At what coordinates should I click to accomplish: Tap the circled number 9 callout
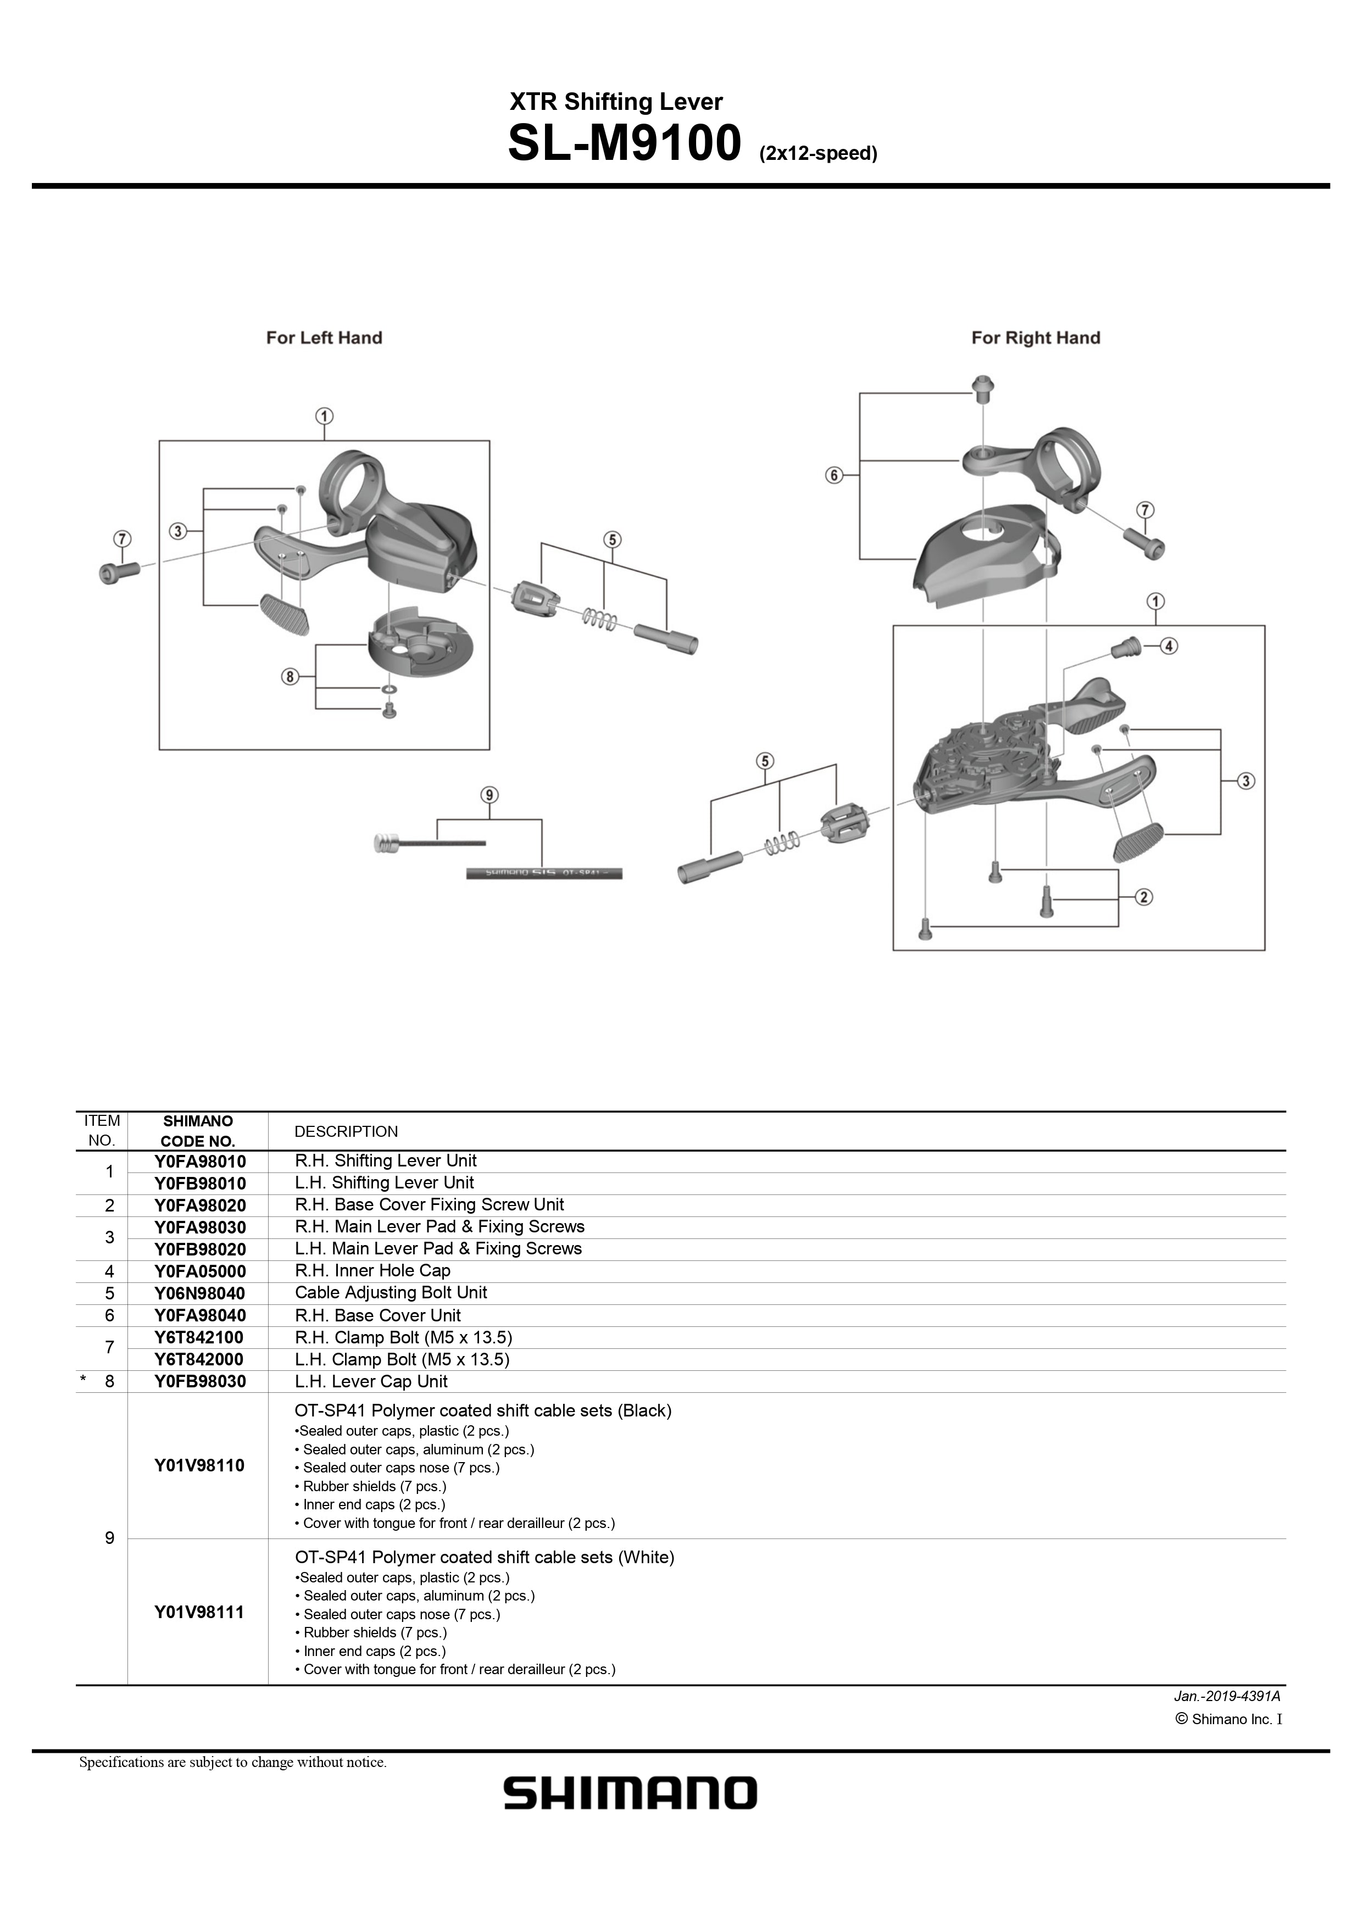click(x=489, y=794)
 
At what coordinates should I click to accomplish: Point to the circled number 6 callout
click(x=834, y=475)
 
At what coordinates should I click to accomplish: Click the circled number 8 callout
click(x=290, y=676)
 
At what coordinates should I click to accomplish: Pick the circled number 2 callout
click(x=1144, y=898)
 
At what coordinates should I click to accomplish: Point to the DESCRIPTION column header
click(x=346, y=1131)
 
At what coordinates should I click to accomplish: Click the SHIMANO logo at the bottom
click(x=630, y=1793)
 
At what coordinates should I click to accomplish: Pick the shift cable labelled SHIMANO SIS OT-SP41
click(x=544, y=873)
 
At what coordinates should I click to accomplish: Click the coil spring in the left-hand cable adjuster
click(x=599, y=620)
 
